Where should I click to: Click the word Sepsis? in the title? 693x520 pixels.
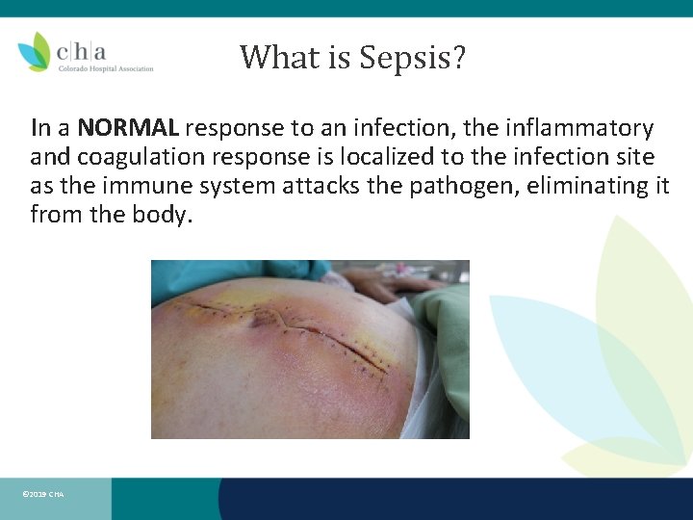[413, 58]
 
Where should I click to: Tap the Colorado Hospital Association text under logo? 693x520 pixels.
[106, 68]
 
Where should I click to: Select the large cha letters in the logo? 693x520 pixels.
[82, 50]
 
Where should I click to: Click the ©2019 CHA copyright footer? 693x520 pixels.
[42, 494]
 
